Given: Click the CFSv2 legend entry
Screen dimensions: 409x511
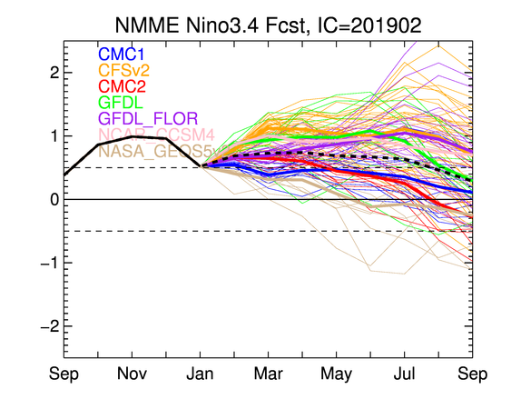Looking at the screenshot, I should click(125, 69).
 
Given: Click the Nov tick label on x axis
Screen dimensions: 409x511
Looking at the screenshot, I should click(133, 374).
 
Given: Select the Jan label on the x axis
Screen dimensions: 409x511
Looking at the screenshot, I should click(201, 374).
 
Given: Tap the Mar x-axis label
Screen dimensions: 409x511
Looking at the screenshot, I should click(268, 374).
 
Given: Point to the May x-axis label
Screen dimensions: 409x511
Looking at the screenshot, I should click(335, 374).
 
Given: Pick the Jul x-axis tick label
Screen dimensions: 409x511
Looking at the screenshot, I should click(402, 374).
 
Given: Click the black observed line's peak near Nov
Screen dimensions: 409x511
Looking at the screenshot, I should click(133, 136).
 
